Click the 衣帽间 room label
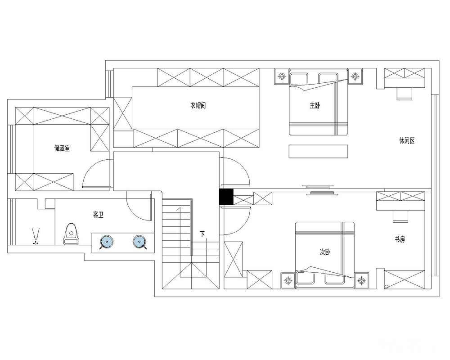click(x=198, y=106)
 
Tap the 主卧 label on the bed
click(x=315, y=106)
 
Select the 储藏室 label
click(x=62, y=148)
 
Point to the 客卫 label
click(x=98, y=215)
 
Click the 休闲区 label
click(x=407, y=141)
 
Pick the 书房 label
click(x=400, y=239)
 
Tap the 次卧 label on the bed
click(x=325, y=252)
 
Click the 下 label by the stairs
click(x=203, y=234)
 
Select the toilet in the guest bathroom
click(x=71, y=234)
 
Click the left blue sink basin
click(x=106, y=242)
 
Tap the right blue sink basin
click(x=140, y=242)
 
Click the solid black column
click(x=226, y=197)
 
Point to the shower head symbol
click(x=36, y=236)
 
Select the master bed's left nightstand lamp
click(x=282, y=76)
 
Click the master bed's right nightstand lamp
click(x=355, y=76)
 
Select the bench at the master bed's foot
click(x=318, y=151)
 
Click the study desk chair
click(x=401, y=216)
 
